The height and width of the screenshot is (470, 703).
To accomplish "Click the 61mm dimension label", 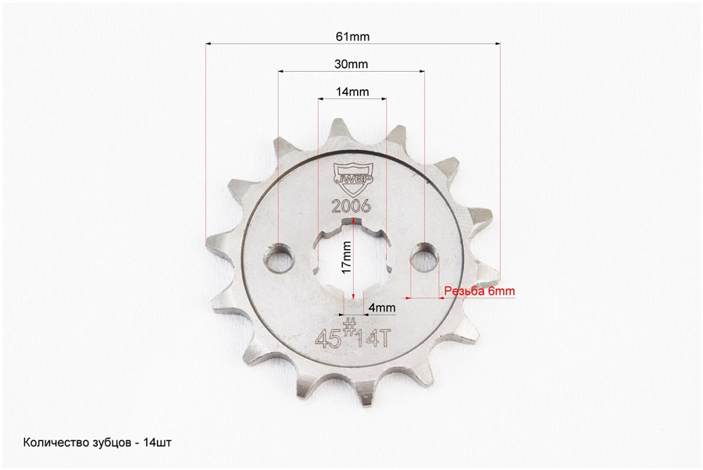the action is tap(352, 37).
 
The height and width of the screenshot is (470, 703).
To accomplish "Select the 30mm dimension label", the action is tap(351, 64).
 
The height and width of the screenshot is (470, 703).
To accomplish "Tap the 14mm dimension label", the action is tap(352, 91).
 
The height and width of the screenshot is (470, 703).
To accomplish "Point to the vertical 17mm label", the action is tap(346, 258).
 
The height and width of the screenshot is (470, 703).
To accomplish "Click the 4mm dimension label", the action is tap(382, 307).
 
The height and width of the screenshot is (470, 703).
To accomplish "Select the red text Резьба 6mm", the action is tap(479, 291).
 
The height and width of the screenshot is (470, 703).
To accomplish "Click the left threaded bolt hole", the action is tap(279, 258).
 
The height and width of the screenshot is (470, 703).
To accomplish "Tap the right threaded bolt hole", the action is tap(425, 256).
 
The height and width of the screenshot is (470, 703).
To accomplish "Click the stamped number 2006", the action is tap(351, 206).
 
